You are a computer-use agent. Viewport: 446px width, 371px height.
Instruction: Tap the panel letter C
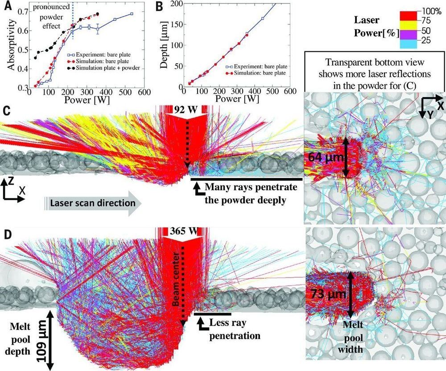(x=7, y=110)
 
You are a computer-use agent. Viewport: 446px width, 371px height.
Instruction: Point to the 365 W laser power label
(x=183, y=231)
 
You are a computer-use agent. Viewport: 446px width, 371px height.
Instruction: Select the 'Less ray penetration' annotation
(x=232, y=328)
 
